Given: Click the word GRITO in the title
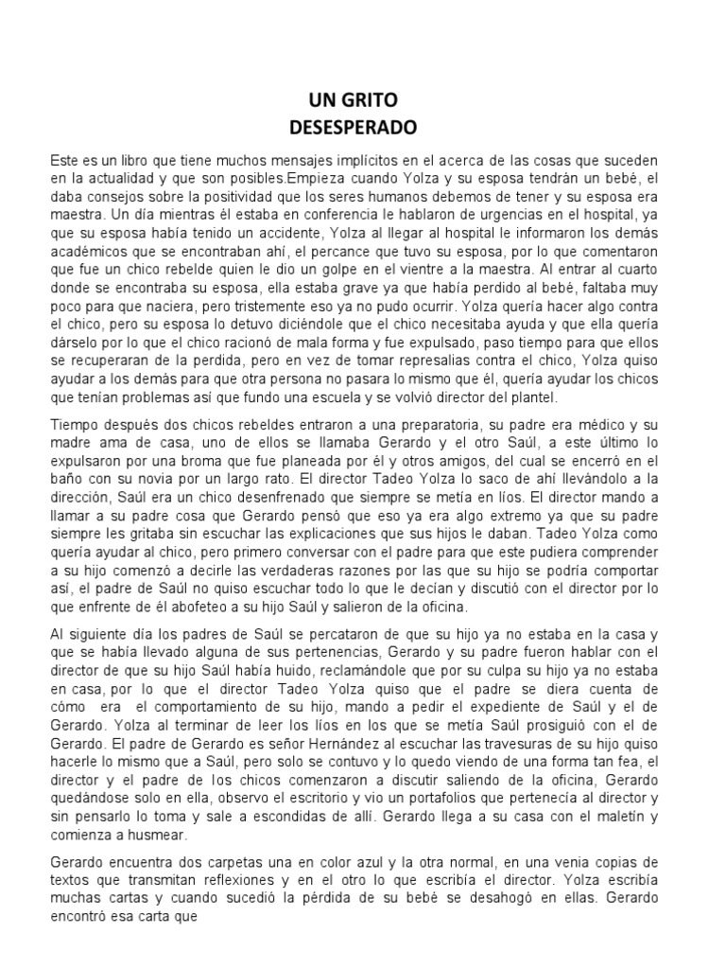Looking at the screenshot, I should [x=381, y=100].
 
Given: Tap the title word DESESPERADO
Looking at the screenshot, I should [x=363, y=124].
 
